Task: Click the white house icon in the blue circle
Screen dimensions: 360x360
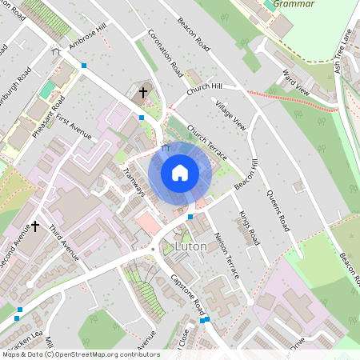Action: point(180,173)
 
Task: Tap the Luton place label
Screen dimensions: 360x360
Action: point(190,246)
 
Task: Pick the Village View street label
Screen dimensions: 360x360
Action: point(231,116)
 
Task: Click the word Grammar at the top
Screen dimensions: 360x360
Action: point(294,4)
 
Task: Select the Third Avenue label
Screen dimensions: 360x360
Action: point(64,243)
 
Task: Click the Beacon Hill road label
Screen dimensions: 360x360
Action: point(246,174)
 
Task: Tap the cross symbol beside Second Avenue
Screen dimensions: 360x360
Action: point(35,227)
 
